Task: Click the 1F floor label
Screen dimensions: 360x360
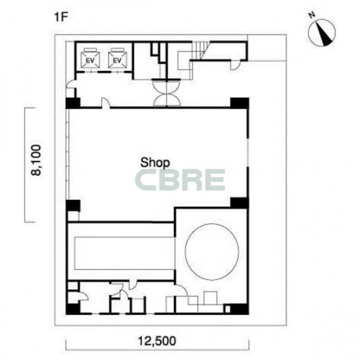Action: [x=61, y=17]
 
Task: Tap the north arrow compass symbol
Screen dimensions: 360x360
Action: [x=322, y=32]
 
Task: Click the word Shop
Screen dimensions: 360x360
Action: [x=155, y=163]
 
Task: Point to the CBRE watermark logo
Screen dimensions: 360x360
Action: [x=180, y=179]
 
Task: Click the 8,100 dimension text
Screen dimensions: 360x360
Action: [x=36, y=160]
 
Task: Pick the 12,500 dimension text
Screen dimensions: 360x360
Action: [x=157, y=341]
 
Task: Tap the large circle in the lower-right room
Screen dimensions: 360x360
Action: [x=212, y=251]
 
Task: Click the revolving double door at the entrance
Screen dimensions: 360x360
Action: [x=167, y=93]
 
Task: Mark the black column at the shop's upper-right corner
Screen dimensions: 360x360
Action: [x=240, y=103]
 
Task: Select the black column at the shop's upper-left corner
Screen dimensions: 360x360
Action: [x=73, y=103]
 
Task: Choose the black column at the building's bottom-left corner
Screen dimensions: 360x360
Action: [x=73, y=309]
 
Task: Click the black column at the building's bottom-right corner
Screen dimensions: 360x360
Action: [x=239, y=309]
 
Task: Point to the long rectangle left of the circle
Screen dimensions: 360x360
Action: [x=124, y=253]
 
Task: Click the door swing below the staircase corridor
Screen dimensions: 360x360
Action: [x=235, y=66]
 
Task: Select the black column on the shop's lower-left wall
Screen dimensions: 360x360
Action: [x=73, y=206]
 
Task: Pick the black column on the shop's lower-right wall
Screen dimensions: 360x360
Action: [x=240, y=202]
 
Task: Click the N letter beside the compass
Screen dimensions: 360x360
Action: [x=312, y=15]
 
